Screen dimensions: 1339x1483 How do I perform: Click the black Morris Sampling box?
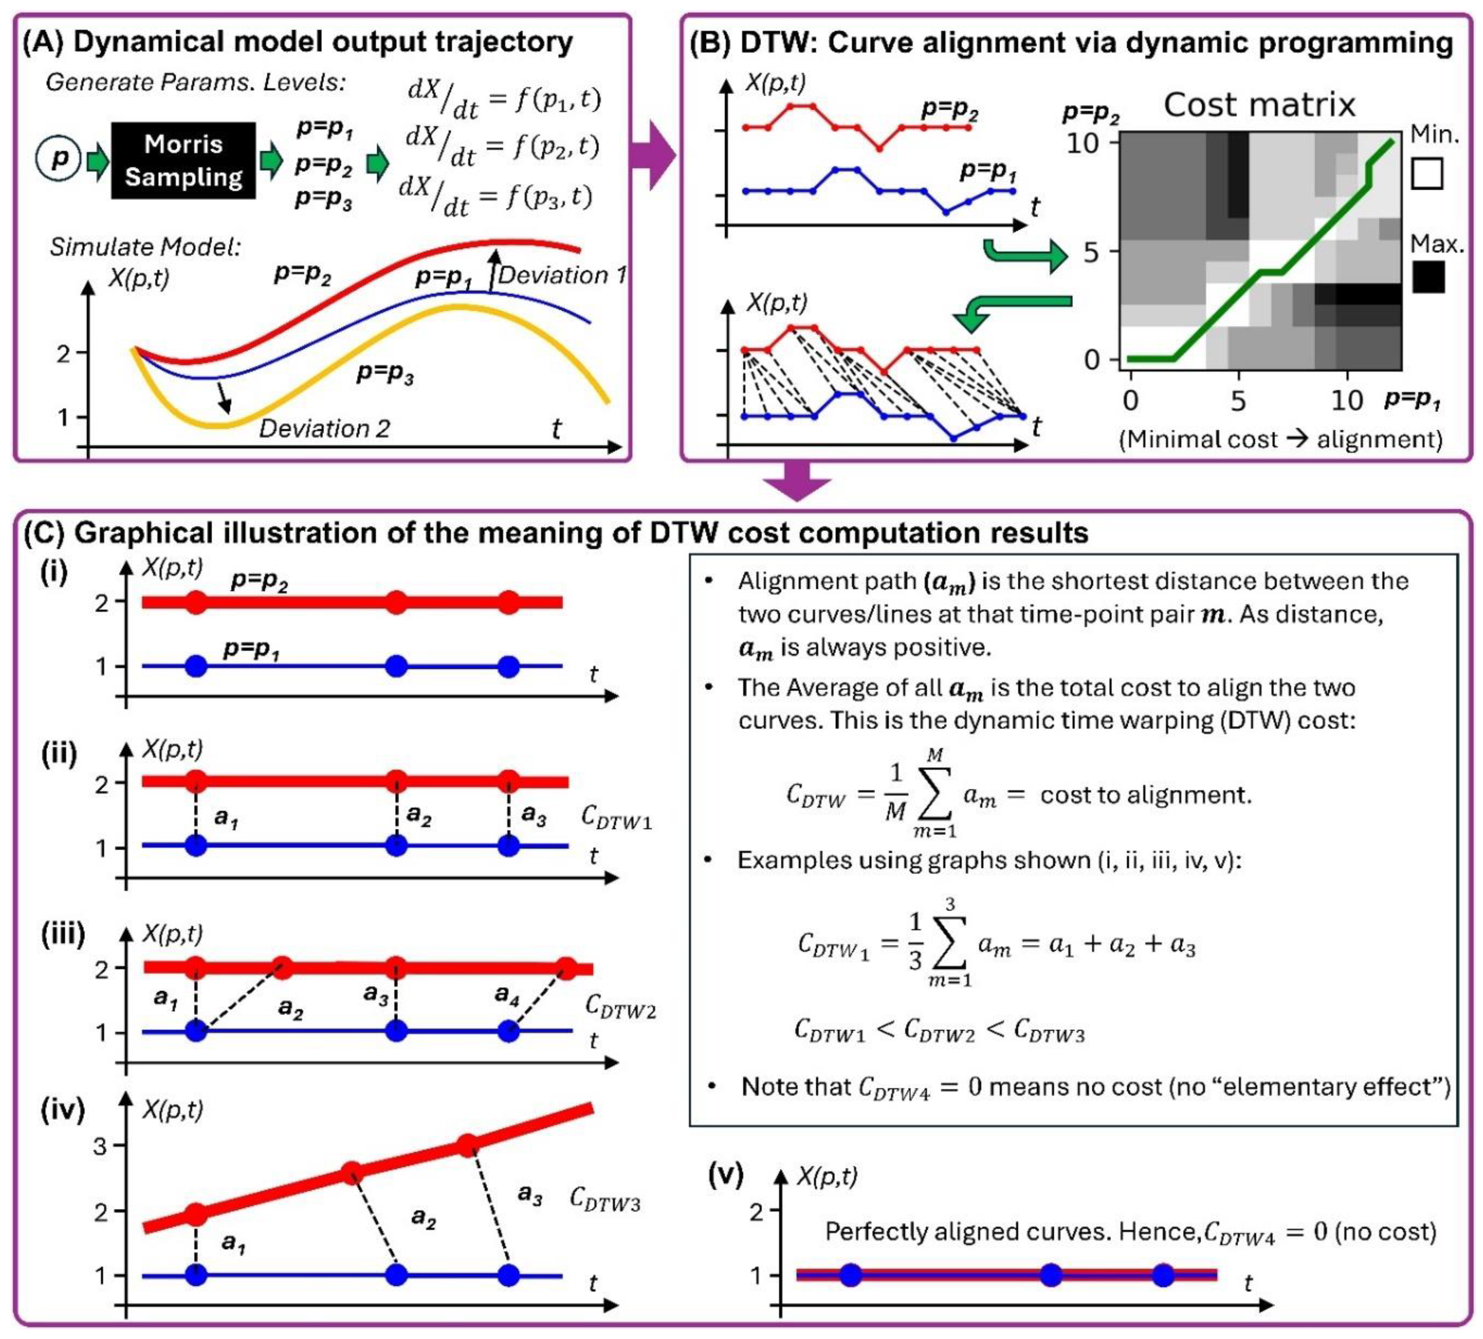(x=183, y=160)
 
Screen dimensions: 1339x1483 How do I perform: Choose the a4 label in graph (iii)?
(x=507, y=995)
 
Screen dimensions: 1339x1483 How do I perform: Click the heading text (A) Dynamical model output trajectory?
(x=298, y=42)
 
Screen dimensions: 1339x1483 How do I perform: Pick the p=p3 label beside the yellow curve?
(x=385, y=374)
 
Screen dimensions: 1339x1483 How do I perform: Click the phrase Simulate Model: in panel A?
(x=145, y=246)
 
